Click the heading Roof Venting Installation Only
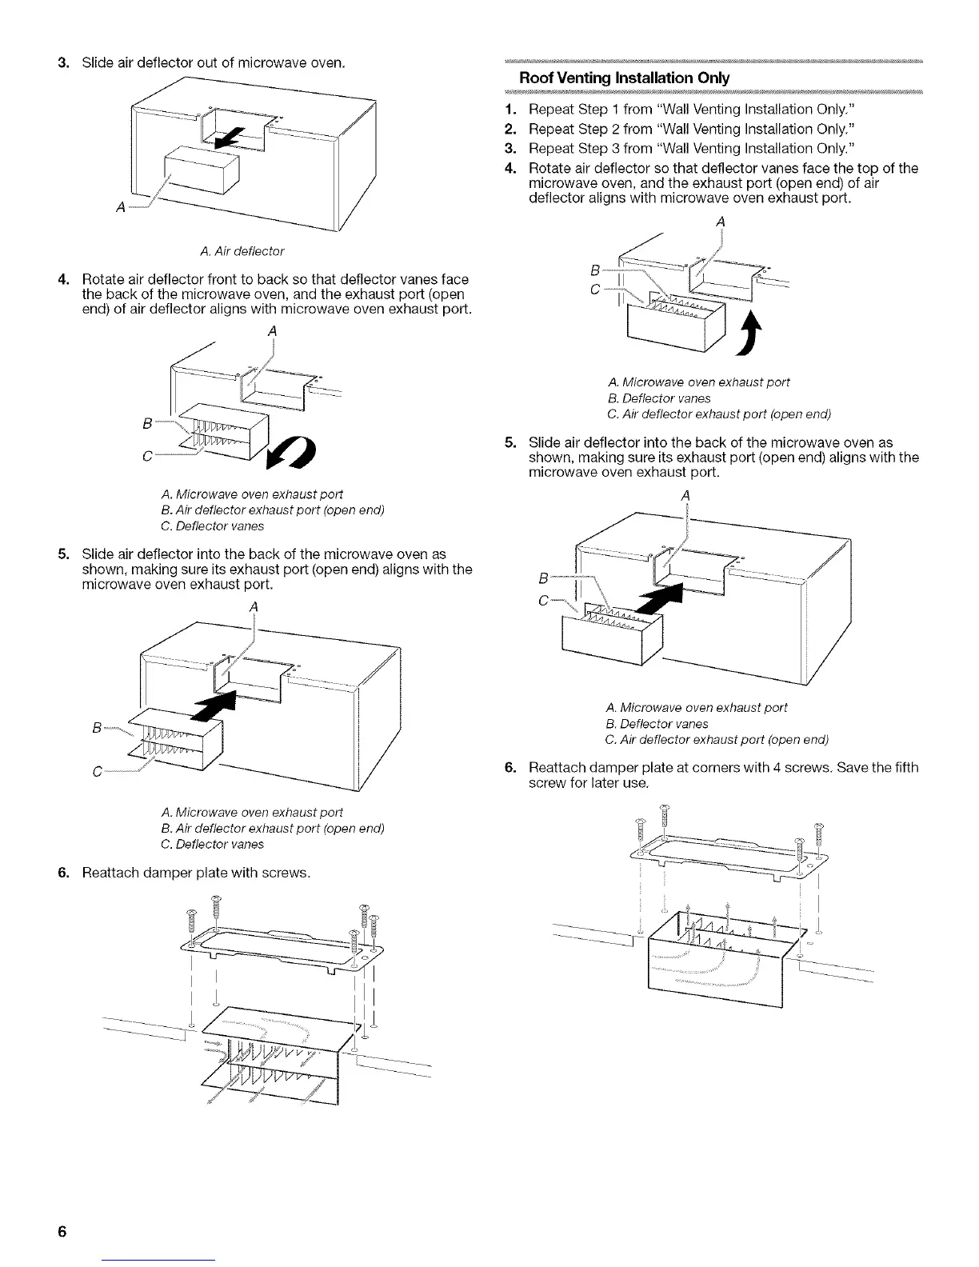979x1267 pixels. (624, 78)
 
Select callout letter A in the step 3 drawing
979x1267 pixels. (120, 208)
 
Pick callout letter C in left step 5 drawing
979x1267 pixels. (98, 772)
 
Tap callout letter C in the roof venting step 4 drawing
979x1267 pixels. (594, 289)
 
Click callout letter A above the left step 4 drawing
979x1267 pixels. (273, 332)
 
